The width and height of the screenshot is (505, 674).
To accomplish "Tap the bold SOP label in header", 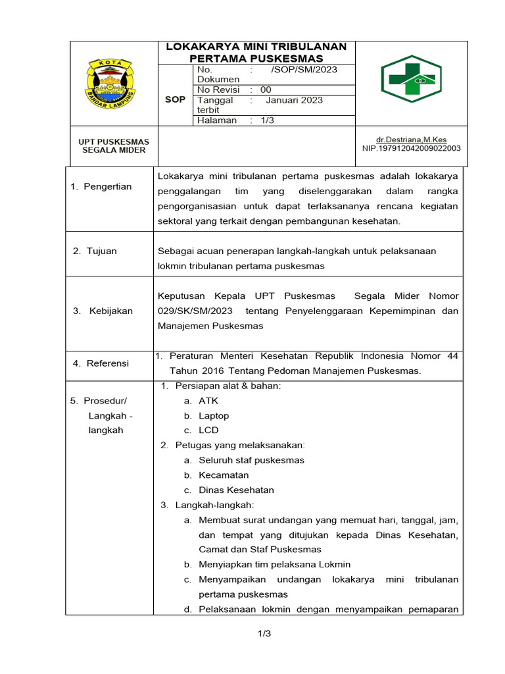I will tap(174, 99).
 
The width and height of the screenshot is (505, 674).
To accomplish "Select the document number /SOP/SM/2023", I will tap(304, 70).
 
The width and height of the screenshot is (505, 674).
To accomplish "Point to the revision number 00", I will tap(265, 90).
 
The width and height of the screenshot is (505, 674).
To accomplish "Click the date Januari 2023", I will tap(294, 100).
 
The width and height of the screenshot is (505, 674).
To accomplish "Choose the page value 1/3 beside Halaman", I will tap(268, 120).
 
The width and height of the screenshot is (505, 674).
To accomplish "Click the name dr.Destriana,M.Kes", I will tap(411, 140).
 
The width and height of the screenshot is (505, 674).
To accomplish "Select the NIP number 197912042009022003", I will tap(411, 148).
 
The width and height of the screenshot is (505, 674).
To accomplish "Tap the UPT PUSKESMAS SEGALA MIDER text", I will tap(114, 145).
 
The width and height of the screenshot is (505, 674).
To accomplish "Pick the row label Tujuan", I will tap(101, 251).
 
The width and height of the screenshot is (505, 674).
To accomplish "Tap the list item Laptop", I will tap(214, 415).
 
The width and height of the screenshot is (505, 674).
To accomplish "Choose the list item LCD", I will tap(208, 430).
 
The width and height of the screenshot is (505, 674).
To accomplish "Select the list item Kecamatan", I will tap(224, 475).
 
